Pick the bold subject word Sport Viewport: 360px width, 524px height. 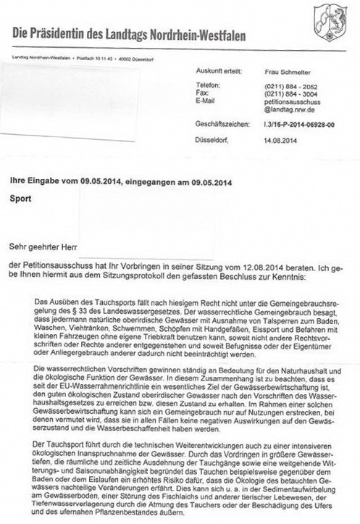[20, 196]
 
